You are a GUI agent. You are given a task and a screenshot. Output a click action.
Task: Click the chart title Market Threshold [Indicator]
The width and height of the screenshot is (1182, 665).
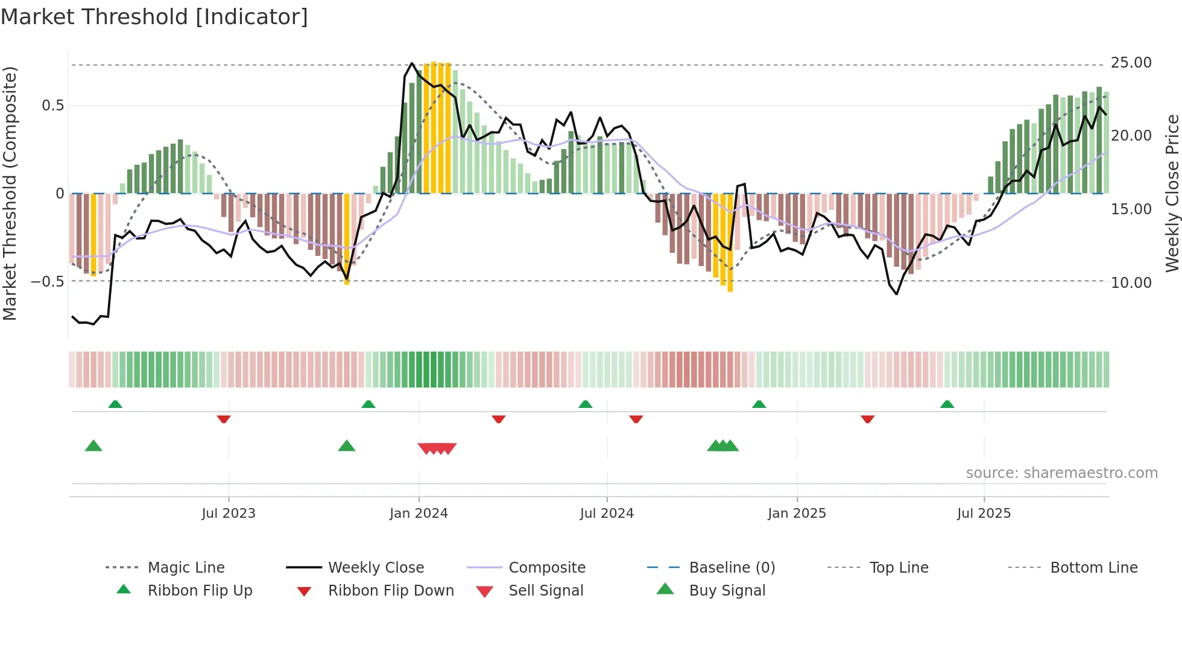(x=154, y=17)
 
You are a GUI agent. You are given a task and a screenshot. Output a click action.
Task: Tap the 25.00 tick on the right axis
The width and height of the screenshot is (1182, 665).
(x=1131, y=63)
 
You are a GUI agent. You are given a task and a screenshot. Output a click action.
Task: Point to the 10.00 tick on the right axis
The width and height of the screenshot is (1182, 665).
(x=1131, y=282)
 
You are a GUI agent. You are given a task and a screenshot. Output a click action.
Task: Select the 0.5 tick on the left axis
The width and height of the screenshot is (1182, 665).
(x=52, y=106)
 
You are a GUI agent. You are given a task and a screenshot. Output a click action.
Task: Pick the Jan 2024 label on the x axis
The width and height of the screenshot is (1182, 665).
(x=419, y=514)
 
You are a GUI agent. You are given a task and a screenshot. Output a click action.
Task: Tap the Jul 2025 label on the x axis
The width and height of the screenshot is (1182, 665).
(x=984, y=514)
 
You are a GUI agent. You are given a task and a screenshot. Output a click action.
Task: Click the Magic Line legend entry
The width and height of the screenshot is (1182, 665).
(x=186, y=568)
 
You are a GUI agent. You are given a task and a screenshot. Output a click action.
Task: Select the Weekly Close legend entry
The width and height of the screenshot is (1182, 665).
(x=376, y=568)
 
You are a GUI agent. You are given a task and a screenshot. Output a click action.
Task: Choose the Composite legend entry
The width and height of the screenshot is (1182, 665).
(x=547, y=568)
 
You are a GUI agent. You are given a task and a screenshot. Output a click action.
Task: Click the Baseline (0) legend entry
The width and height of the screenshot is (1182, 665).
(x=732, y=568)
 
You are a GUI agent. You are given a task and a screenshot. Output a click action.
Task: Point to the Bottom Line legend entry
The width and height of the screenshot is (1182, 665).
(x=1093, y=568)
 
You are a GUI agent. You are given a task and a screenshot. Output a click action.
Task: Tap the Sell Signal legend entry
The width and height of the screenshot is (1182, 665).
(x=546, y=591)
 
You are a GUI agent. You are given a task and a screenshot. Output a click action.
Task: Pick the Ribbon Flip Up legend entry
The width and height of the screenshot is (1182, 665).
(x=200, y=591)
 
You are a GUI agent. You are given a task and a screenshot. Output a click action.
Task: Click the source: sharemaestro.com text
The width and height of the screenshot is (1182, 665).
(x=1061, y=473)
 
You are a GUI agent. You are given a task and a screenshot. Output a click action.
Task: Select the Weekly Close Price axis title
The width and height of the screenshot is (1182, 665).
(x=1172, y=193)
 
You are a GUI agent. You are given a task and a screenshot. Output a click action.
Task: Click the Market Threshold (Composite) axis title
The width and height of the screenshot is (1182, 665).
(x=10, y=193)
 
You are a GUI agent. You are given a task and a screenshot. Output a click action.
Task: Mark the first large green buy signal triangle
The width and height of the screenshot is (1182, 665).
(x=93, y=446)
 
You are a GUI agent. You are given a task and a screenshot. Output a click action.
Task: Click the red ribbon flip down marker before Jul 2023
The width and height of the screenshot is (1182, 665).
(x=224, y=419)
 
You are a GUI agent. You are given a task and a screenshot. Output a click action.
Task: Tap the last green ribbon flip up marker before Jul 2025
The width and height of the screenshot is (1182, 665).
(x=947, y=404)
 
